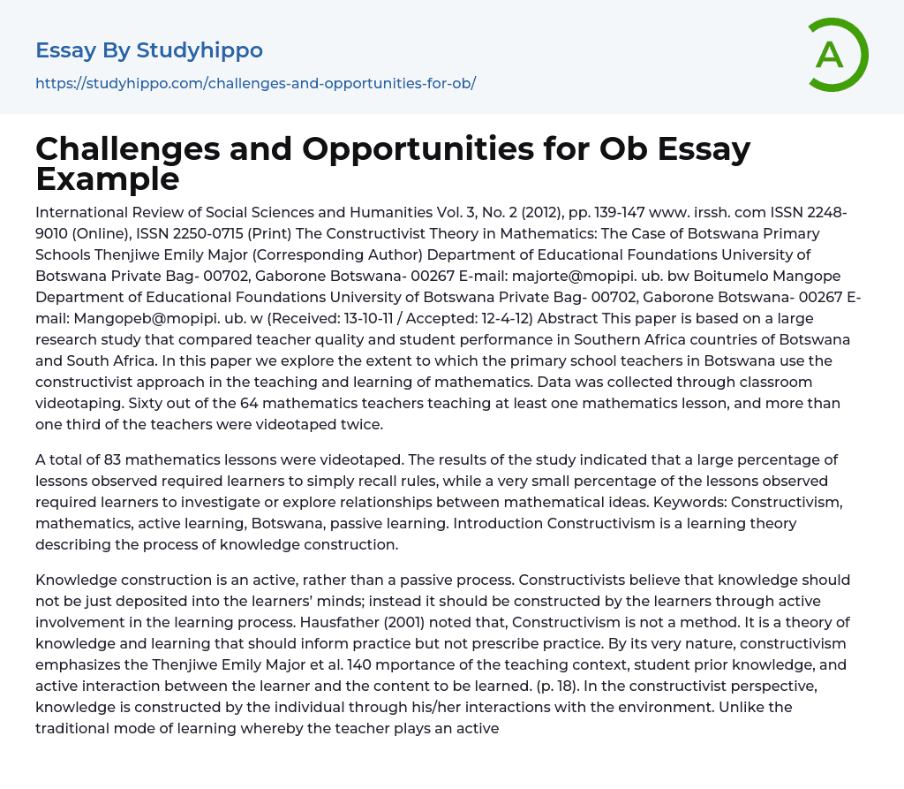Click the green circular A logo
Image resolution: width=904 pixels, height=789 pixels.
click(837, 55)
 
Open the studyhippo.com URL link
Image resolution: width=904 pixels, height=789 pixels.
click(255, 83)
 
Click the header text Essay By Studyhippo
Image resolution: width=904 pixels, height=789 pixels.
click(149, 50)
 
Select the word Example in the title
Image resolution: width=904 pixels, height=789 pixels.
click(107, 178)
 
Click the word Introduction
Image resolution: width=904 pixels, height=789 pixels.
click(498, 523)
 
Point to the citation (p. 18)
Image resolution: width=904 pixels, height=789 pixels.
click(561, 686)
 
